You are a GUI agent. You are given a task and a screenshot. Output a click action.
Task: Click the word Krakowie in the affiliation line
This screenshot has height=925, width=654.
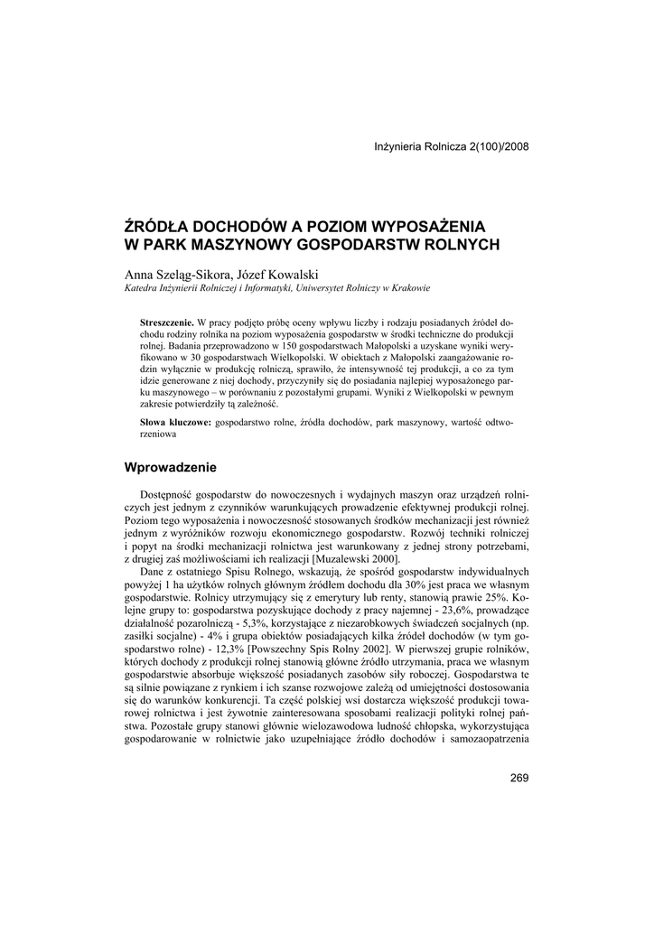click(407, 289)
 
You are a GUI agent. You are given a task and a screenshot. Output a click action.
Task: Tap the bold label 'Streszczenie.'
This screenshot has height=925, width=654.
click(167, 322)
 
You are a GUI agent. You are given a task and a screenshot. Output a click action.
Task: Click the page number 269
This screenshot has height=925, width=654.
click(519, 779)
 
